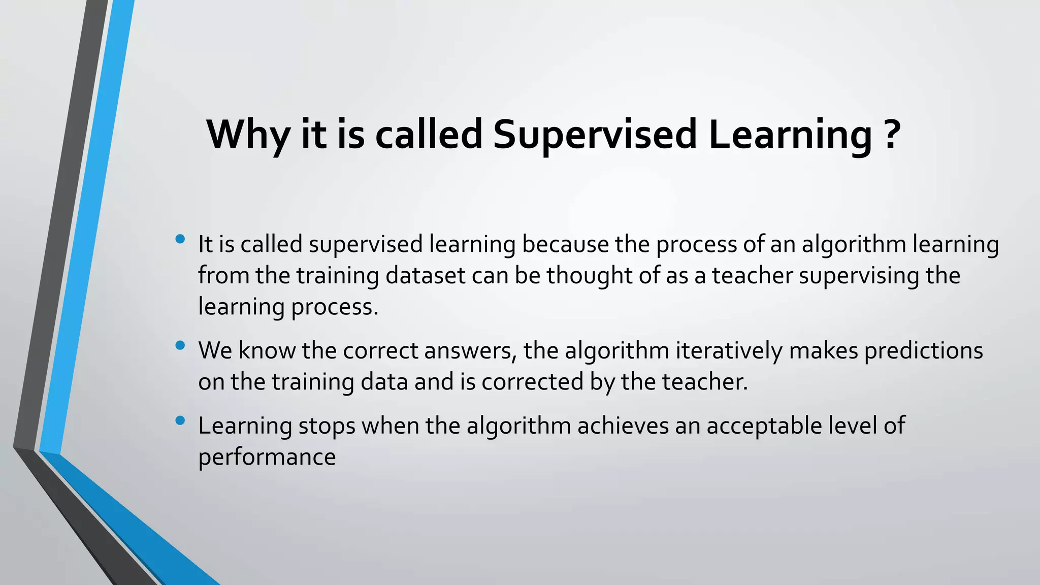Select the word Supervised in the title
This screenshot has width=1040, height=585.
point(595,135)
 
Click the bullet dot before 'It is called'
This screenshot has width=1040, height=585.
point(180,239)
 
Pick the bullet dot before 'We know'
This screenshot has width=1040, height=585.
point(180,345)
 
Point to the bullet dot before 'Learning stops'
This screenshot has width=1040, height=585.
point(180,420)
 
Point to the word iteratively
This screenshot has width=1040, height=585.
point(729,351)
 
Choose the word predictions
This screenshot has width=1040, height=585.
point(924,351)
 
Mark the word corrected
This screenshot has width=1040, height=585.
point(533,382)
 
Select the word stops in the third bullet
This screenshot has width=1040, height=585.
point(327,426)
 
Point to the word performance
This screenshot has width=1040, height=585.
point(267,458)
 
